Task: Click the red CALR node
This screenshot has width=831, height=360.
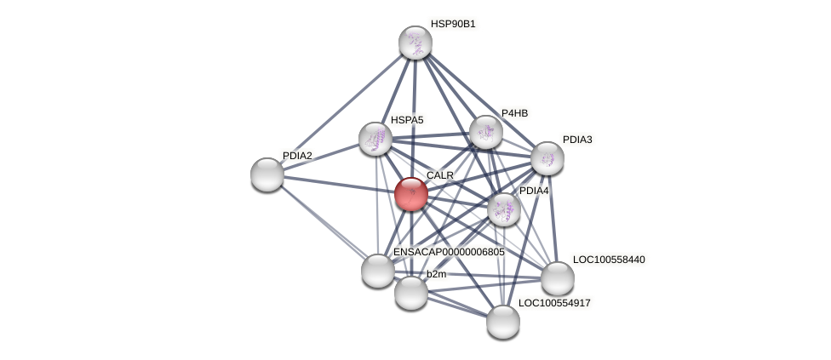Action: (411, 194)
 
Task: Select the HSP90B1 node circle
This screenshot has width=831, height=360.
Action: (415, 43)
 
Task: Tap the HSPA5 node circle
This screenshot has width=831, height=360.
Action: (375, 139)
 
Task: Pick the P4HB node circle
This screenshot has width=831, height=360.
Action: (486, 132)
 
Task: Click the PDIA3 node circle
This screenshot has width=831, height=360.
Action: (547, 158)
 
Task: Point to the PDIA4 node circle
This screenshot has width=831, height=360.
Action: (504, 209)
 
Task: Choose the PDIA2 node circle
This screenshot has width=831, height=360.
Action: (267, 174)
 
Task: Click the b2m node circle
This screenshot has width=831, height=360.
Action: (411, 293)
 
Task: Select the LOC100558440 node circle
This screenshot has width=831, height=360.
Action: (558, 278)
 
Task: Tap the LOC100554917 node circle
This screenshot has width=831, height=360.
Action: (503, 322)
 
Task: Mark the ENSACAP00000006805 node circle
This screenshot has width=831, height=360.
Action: (378, 271)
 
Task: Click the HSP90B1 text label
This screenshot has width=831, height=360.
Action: (453, 24)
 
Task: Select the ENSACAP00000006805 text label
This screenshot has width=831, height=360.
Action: (449, 253)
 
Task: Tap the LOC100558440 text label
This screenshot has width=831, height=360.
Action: (609, 260)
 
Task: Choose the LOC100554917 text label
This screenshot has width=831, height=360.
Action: (554, 303)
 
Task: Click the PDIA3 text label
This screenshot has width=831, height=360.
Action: (577, 140)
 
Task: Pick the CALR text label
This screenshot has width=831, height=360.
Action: (440, 175)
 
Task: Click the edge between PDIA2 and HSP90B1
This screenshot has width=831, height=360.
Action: (341, 109)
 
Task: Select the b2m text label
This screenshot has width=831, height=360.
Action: (436, 274)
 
